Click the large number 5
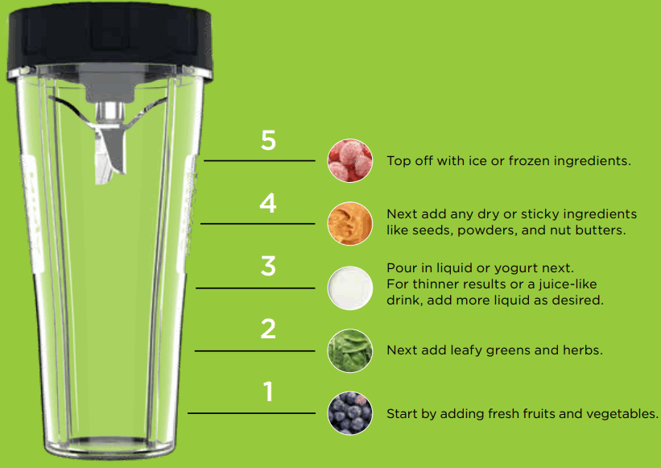(x=268, y=140)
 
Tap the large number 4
(x=268, y=203)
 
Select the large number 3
(x=268, y=266)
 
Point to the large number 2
(x=268, y=329)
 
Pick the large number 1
(x=268, y=392)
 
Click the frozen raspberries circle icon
(x=350, y=160)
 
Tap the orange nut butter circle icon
(x=350, y=223)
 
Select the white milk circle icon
(x=350, y=287)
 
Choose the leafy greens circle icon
(x=350, y=350)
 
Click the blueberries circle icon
(x=350, y=413)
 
